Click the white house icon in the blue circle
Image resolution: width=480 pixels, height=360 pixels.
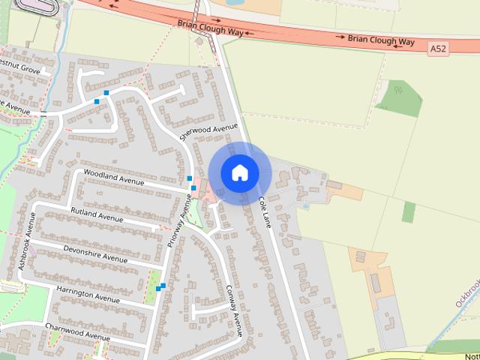(x=240, y=173)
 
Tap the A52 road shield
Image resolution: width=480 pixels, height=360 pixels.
(x=438, y=48)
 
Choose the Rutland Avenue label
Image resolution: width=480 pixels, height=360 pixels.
(x=97, y=215)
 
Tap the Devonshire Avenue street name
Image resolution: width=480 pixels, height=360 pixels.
(x=96, y=254)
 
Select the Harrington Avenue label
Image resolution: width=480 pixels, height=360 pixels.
(x=88, y=294)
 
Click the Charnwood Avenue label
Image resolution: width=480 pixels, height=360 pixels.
(x=76, y=331)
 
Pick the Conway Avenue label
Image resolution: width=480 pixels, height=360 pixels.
(x=233, y=310)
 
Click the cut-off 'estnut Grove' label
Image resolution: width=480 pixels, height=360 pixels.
(x=20, y=68)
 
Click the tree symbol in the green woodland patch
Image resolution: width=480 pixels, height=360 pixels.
(x=398, y=91)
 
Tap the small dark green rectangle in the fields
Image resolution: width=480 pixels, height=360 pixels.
(x=408, y=212)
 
